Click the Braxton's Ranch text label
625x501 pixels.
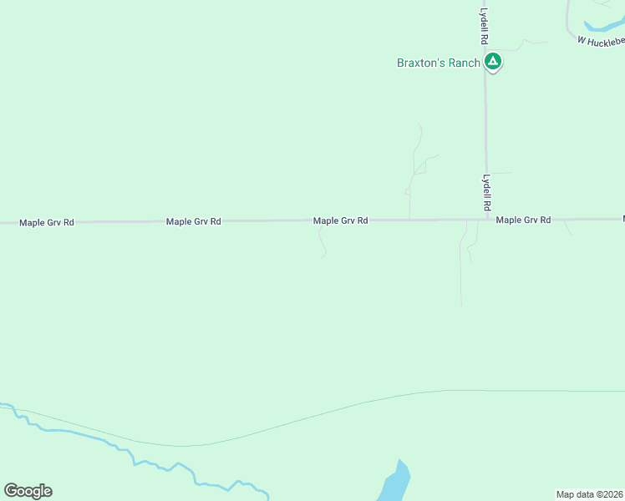[439, 63]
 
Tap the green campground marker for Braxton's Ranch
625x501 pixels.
[493, 62]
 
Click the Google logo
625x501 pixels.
[28, 491]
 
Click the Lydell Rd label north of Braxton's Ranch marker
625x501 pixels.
[484, 27]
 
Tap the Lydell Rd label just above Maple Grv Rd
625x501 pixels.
[485, 191]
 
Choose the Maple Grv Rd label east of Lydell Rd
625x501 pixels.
[523, 220]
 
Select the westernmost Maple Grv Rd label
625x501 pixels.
[47, 222]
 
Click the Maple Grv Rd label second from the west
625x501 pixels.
[193, 221]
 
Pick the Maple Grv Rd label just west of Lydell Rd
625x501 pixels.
[340, 221]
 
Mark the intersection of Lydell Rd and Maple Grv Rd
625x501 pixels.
[487, 220]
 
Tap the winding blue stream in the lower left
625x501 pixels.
[125, 451]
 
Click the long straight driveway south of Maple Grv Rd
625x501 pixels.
[460, 267]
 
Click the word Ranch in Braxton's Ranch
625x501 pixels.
[464, 63]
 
